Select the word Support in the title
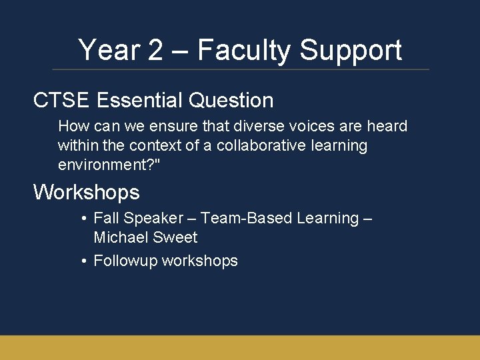click(x=351, y=51)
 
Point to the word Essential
click(x=139, y=101)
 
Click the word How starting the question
click(x=71, y=126)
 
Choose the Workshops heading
click(x=87, y=193)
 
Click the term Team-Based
click(x=246, y=218)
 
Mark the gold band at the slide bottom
click(x=240, y=347)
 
